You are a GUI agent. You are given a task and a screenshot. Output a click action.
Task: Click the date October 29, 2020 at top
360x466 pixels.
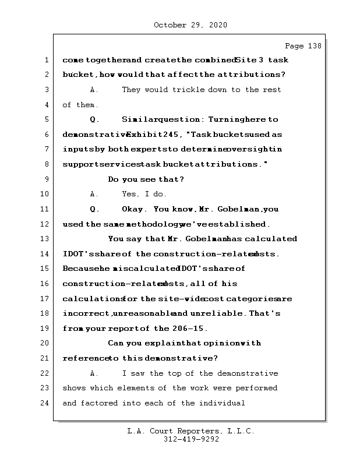[x=190, y=25]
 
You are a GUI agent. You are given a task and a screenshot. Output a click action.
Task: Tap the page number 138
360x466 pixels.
[x=313, y=45]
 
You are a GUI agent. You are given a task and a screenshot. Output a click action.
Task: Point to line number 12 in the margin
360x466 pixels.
[x=45, y=224]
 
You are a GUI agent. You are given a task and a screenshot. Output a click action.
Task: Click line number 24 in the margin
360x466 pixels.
[x=45, y=403]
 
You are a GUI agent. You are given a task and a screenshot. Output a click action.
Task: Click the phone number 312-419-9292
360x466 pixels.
[x=190, y=440]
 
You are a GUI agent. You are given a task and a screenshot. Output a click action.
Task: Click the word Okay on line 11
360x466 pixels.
[x=133, y=209]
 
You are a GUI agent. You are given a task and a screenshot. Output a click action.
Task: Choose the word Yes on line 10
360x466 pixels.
[x=130, y=194]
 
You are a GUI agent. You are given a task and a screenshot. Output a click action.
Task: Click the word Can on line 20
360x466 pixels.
[x=116, y=344]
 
